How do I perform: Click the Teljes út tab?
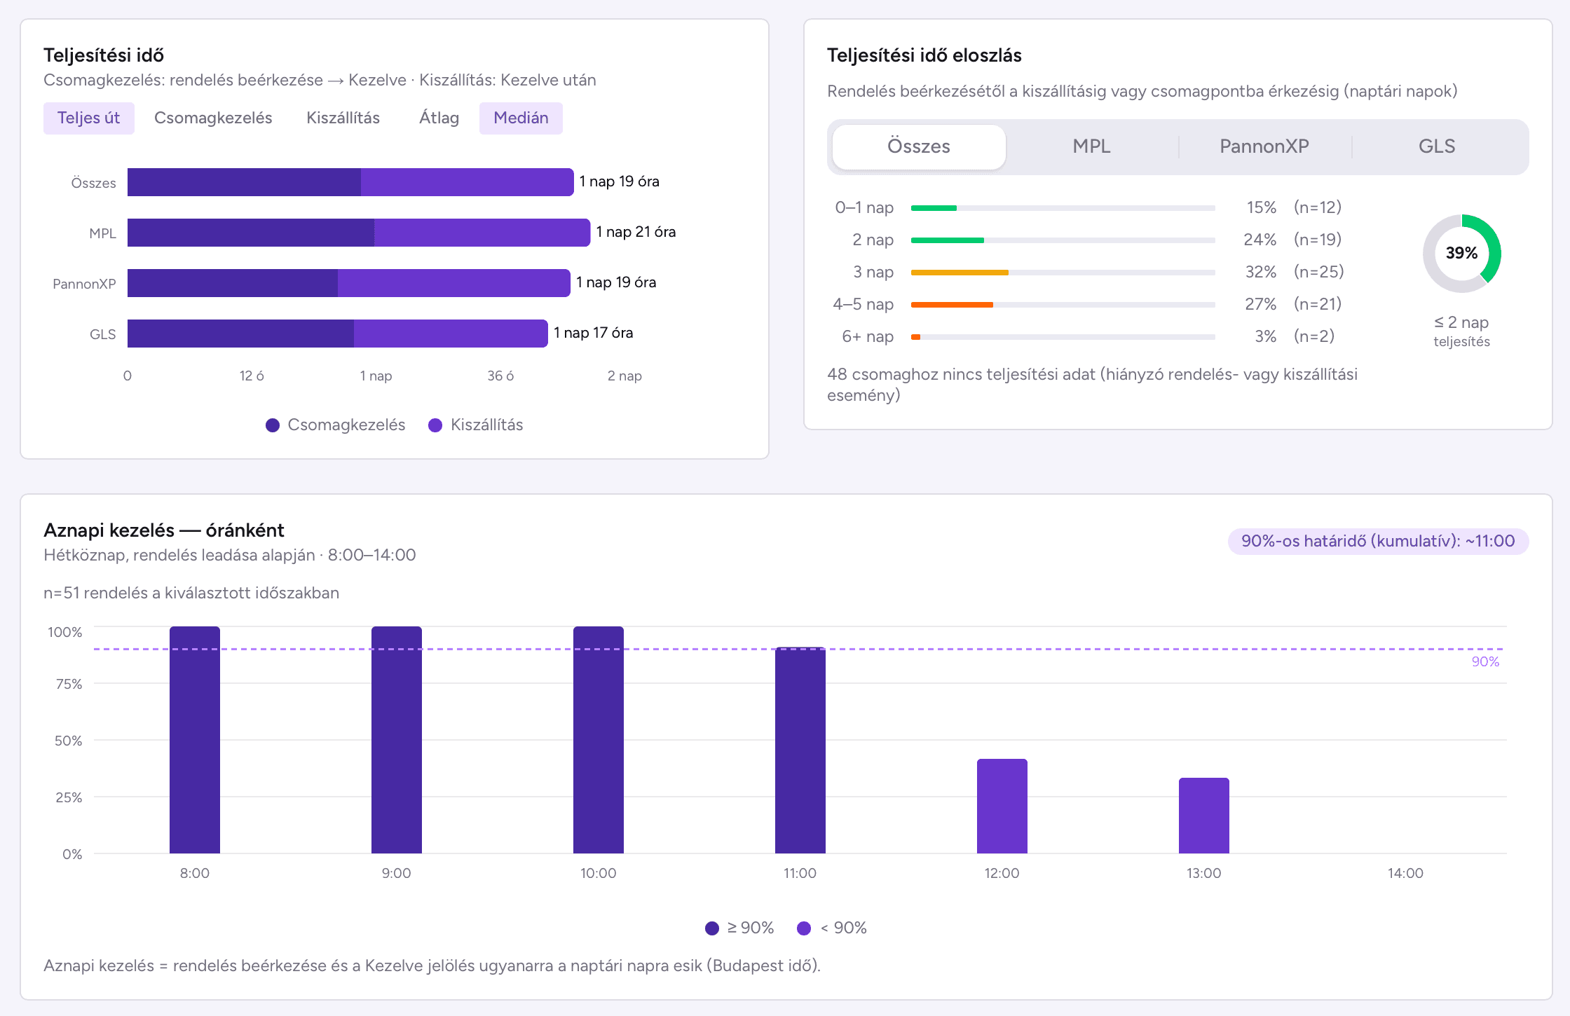[89, 118]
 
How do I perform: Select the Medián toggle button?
[521, 118]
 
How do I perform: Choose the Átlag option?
[439, 118]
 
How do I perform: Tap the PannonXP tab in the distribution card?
[1264, 146]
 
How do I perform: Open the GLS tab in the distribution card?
[1437, 146]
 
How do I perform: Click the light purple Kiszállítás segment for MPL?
[482, 233]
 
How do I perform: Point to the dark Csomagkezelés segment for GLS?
[240, 334]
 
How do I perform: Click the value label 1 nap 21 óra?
[636, 232]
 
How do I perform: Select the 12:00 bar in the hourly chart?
[1002, 806]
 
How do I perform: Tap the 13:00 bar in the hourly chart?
[1204, 816]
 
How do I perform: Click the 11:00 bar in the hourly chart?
[800, 750]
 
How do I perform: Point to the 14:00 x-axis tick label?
[1405, 873]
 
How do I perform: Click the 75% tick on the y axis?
[69, 684]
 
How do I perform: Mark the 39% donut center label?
[1461, 253]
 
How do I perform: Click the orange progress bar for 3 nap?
[960, 273]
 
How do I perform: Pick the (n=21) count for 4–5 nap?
[1318, 304]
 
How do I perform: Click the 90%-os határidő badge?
[1378, 541]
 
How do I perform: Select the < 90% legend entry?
[832, 928]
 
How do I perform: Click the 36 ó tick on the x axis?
[500, 376]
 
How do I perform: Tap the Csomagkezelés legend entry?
[336, 425]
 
